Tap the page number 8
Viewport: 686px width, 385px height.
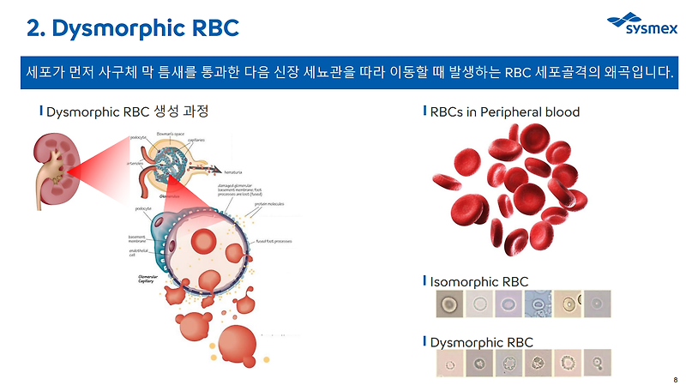point(676,378)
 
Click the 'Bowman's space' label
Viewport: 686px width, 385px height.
point(174,135)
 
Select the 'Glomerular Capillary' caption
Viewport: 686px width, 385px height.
point(138,281)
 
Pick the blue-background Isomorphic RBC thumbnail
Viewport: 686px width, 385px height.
point(538,304)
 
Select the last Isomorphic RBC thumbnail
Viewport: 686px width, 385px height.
point(596,304)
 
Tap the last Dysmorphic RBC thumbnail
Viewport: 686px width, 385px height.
point(596,364)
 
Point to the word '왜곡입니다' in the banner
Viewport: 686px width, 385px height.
point(635,70)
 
